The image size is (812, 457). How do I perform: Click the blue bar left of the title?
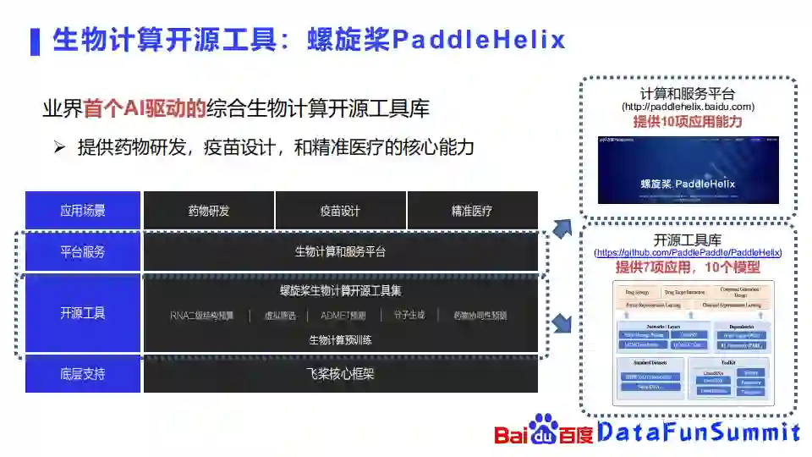[x=35, y=41]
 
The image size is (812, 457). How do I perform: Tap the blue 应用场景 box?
[x=82, y=211]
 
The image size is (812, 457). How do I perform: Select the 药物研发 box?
[x=209, y=211]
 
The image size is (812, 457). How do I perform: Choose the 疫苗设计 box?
[x=341, y=211]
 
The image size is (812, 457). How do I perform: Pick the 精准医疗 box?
[x=472, y=211]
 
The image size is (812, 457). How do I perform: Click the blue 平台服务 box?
[x=82, y=251]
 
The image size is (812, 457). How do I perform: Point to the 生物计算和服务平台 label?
[x=341, y=251]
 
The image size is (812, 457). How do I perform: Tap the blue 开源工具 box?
[x=82, y=312]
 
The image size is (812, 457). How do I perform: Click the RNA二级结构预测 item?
[x=202, y=316]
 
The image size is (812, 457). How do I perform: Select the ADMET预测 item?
[x=343, y=316]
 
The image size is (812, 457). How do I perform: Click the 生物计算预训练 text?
[x=341, y=340]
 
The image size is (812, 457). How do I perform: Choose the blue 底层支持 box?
[x=82, y=373]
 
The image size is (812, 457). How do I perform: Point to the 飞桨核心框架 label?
[x=341, y=373]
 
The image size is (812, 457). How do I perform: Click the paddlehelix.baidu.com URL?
[x=688, y=107]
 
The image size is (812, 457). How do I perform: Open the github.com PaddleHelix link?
[x=688, y=253]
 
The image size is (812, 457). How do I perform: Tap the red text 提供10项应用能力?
[x=688, y=122]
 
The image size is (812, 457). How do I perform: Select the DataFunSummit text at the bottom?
[x=699, y=432]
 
